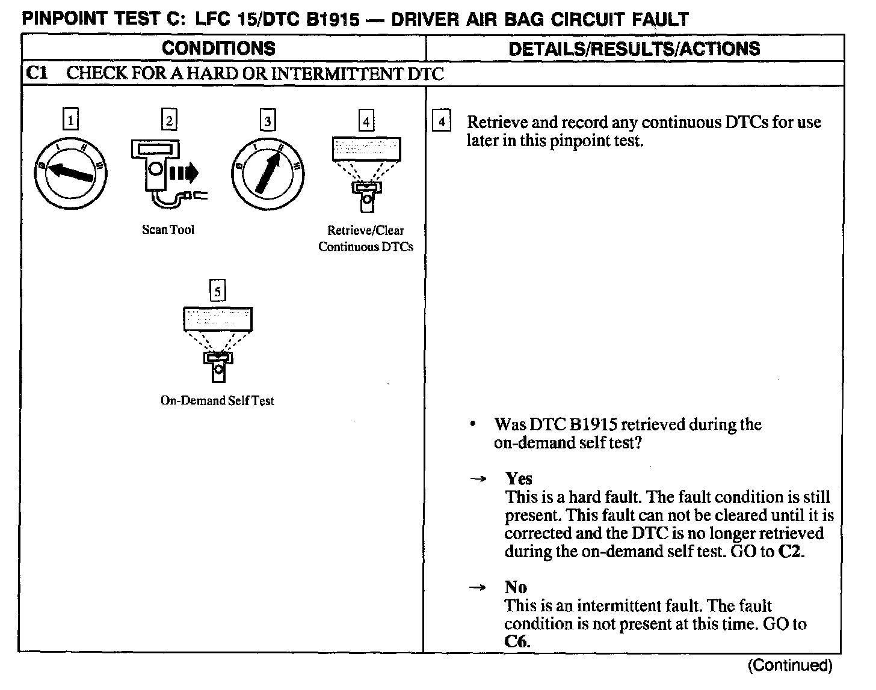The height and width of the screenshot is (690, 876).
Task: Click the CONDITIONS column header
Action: click(x=218, y=48)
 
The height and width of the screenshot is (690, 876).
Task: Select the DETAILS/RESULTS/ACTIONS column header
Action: click(x=634, y=49)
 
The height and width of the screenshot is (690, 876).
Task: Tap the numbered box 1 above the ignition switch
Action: click(x=70, y=120)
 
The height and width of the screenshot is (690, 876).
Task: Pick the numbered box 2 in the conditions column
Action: click(x=169, y=120)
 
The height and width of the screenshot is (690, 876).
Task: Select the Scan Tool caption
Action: click(x=168, y=230)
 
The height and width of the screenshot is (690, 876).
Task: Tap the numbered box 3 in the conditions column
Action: click(x=267, y=120)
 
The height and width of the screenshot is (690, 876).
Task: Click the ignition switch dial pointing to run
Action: click(x=267, y=171)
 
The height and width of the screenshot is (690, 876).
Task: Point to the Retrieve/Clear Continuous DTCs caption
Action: click(x=365, y=239)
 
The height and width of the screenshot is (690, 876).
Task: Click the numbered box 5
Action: click(x=217, y=292)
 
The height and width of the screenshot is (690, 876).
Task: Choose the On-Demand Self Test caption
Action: click(x=217, y=400)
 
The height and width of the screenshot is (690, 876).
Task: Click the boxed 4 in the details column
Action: click(x=442, y=121)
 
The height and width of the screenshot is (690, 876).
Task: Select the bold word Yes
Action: click(x=519, y=478)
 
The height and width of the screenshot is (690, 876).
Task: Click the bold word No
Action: click(x=516, y=587)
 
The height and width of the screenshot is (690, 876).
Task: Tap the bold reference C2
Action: click(x=790, y=552)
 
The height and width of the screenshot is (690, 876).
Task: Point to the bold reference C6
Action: click(x=517, y=642)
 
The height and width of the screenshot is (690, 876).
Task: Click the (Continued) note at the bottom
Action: click(x=789, y=665)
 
